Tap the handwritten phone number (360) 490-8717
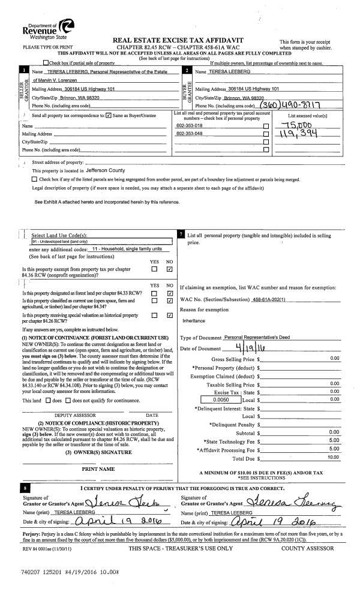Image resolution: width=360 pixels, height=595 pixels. (269, 104)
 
